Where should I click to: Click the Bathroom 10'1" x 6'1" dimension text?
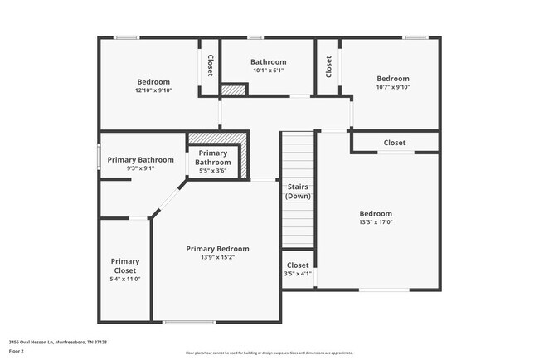(x=269, y=71)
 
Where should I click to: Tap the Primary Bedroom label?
(x=217, y=249)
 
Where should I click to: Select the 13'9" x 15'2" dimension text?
(x=217, y=257)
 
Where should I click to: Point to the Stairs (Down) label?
(x=298, y=192)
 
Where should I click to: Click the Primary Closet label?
(x=125, y=265)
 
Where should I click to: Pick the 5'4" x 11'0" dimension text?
(x=125, y=279)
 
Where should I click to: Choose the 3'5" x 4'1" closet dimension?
(x=298, y=273)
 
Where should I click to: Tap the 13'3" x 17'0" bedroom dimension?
(x=376, y=221)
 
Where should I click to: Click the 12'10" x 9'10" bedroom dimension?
(x=153, y=90)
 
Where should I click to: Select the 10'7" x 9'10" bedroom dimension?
(x=393, y=87)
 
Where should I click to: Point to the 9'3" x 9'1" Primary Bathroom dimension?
(x=139, y=168)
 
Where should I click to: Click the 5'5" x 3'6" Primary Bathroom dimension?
(x=213, y=171)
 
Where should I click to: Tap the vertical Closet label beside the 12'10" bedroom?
(x=210, y=66)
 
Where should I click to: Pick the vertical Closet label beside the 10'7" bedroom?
(x=328, y=66)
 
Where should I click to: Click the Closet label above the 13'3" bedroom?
(x=395, y=143)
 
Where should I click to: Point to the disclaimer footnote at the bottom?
(x=269, y=352)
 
